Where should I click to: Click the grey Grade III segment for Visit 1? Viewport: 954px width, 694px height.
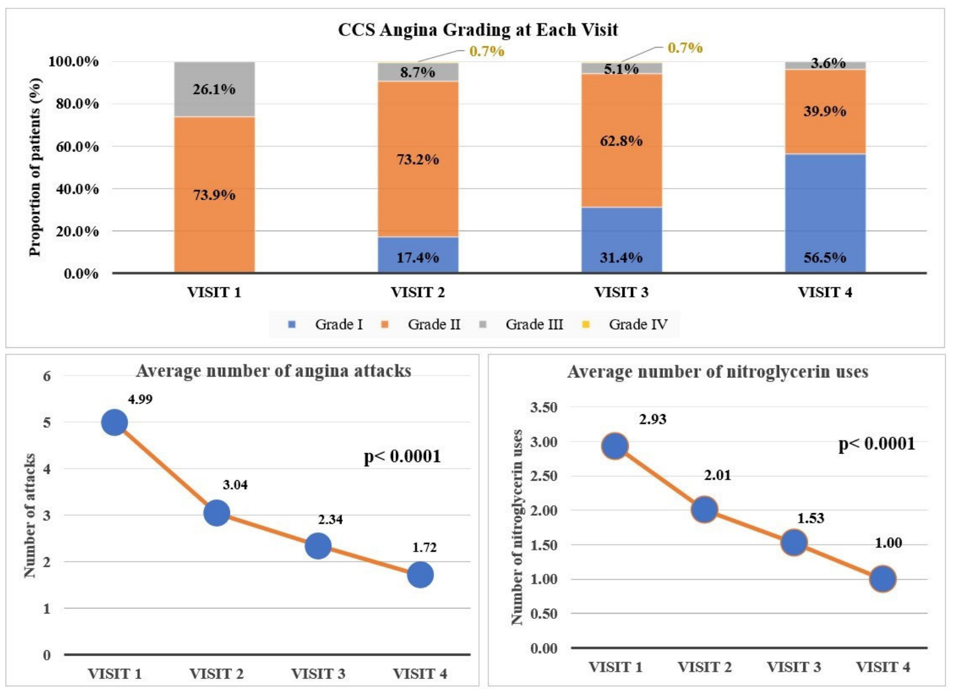pos(215,89)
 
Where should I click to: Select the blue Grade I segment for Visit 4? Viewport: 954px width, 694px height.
pos(825,213)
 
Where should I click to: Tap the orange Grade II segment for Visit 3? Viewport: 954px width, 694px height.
pos(622,141)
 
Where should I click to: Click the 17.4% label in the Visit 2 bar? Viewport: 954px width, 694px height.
pos(418,258)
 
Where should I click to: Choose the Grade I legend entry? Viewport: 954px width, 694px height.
pos(325,324)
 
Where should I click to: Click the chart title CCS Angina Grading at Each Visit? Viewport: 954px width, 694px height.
pos(478,30)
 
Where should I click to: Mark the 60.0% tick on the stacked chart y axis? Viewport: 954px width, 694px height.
pos(77,147)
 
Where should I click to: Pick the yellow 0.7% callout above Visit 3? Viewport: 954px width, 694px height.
pos(685,47)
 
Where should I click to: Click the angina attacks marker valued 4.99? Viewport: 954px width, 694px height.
pos(115,423)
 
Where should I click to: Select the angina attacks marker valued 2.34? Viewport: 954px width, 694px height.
pos(318,546)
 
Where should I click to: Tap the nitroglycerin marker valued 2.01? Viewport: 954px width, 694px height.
pos(705,509)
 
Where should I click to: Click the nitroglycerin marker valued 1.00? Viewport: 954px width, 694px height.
pos(883,579)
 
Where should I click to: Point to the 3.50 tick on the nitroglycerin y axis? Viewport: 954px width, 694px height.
pos(544,407)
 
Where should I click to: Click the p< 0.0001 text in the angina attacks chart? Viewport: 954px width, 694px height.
pos(403,457)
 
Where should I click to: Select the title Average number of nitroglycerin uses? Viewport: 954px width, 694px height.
pos(718,372)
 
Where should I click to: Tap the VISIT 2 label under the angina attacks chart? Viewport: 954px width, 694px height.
pos(216,674)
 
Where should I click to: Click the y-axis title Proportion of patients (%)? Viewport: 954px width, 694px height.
pos(35,167)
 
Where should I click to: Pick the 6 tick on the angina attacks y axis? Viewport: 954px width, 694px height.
pos(47,376)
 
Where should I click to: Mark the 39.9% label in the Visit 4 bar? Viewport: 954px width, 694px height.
pos(825,111)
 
